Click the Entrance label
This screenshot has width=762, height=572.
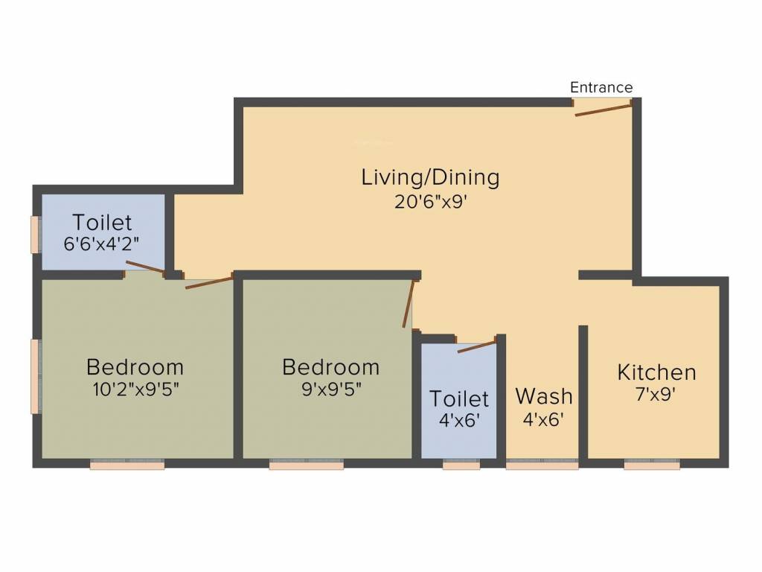(601, 87)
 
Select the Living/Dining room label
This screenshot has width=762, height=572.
(430, 178)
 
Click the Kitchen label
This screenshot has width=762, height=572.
(657, 372)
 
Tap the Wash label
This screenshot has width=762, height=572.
(544, 395)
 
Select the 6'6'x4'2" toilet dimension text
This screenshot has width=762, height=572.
(103, 244)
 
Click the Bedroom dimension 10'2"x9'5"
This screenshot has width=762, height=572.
(135, 390)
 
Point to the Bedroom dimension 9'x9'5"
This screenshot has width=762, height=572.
(330, 390)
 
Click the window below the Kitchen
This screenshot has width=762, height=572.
(652, 464)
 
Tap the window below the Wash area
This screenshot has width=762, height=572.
(542, 464)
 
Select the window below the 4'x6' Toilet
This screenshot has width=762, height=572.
(461, 464)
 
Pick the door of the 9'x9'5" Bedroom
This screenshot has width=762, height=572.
(408, 304)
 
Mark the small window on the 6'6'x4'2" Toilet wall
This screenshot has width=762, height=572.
(34, 235)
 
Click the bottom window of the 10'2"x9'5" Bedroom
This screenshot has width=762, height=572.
(127, 464)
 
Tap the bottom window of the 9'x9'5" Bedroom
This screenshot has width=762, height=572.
(306, 464)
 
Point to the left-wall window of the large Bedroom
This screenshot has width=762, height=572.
(34, 376)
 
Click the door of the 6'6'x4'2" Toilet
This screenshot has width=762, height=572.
(145, 268)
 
